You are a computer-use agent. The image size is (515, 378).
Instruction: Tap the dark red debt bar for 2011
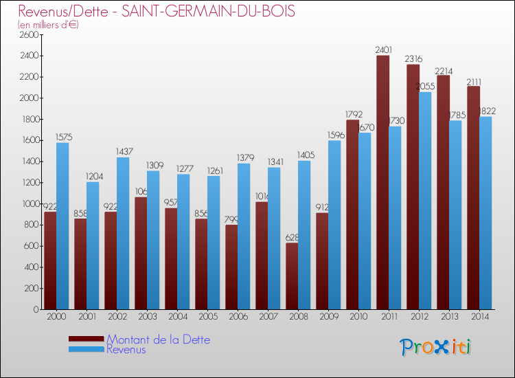click(x=382, y=182)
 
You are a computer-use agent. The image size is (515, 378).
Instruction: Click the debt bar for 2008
click(x=292, y=276)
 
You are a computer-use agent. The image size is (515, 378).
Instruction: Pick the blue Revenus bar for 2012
click(x=425, y=200)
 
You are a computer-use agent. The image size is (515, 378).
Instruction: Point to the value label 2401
click(x=383, y=49)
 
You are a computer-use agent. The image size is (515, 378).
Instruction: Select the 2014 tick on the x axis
click(x=479, y=317)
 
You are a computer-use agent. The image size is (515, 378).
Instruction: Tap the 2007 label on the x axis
click(x=268, y=317)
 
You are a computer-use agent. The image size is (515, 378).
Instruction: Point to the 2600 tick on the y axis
click(x=30, y=35)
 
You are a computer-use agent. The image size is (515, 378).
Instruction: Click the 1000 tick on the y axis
click(x=30, y=204)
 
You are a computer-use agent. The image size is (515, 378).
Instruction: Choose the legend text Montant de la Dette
click(x=158, y=340)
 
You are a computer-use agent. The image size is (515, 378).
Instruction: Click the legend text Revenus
click(x=126, y=350)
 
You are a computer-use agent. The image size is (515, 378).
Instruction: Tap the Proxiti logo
click(x=435, y=347)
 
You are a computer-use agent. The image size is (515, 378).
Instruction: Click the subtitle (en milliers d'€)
click(x=49, y=25)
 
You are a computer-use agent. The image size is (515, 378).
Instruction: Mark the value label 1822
click(x=486, y=111)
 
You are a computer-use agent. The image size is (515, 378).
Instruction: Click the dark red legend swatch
click(x=87, y=339)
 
